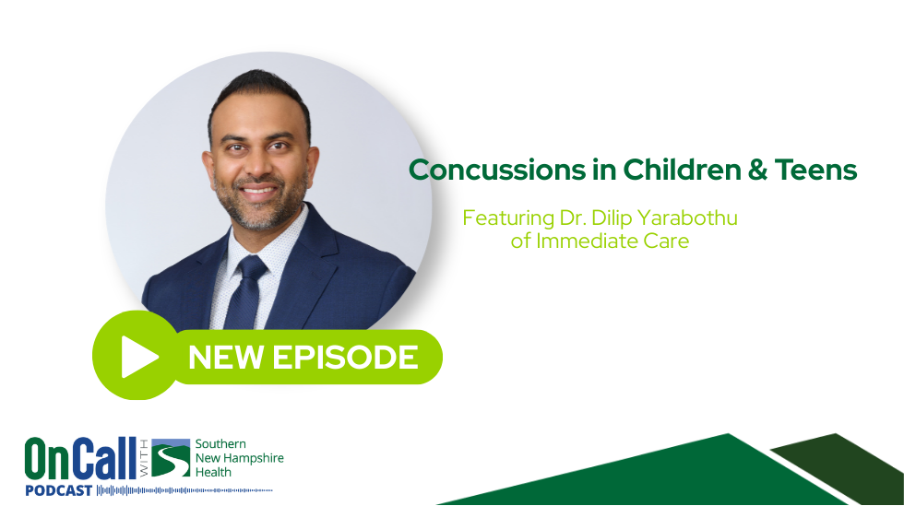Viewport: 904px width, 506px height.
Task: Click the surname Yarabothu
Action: tap(693, 219)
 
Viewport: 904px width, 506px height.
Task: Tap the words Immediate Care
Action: tap(612, 241)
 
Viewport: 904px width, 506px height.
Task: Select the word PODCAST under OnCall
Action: tap(58, 491)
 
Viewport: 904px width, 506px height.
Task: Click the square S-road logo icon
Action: tap(171, 459)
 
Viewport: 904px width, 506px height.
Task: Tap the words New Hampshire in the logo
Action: tap(239, 459)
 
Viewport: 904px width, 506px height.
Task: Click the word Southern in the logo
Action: tap(221, 444)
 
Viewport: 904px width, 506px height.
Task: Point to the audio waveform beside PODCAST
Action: tap(184, 491)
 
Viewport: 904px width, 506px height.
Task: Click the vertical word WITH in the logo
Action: tap(144, 459)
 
